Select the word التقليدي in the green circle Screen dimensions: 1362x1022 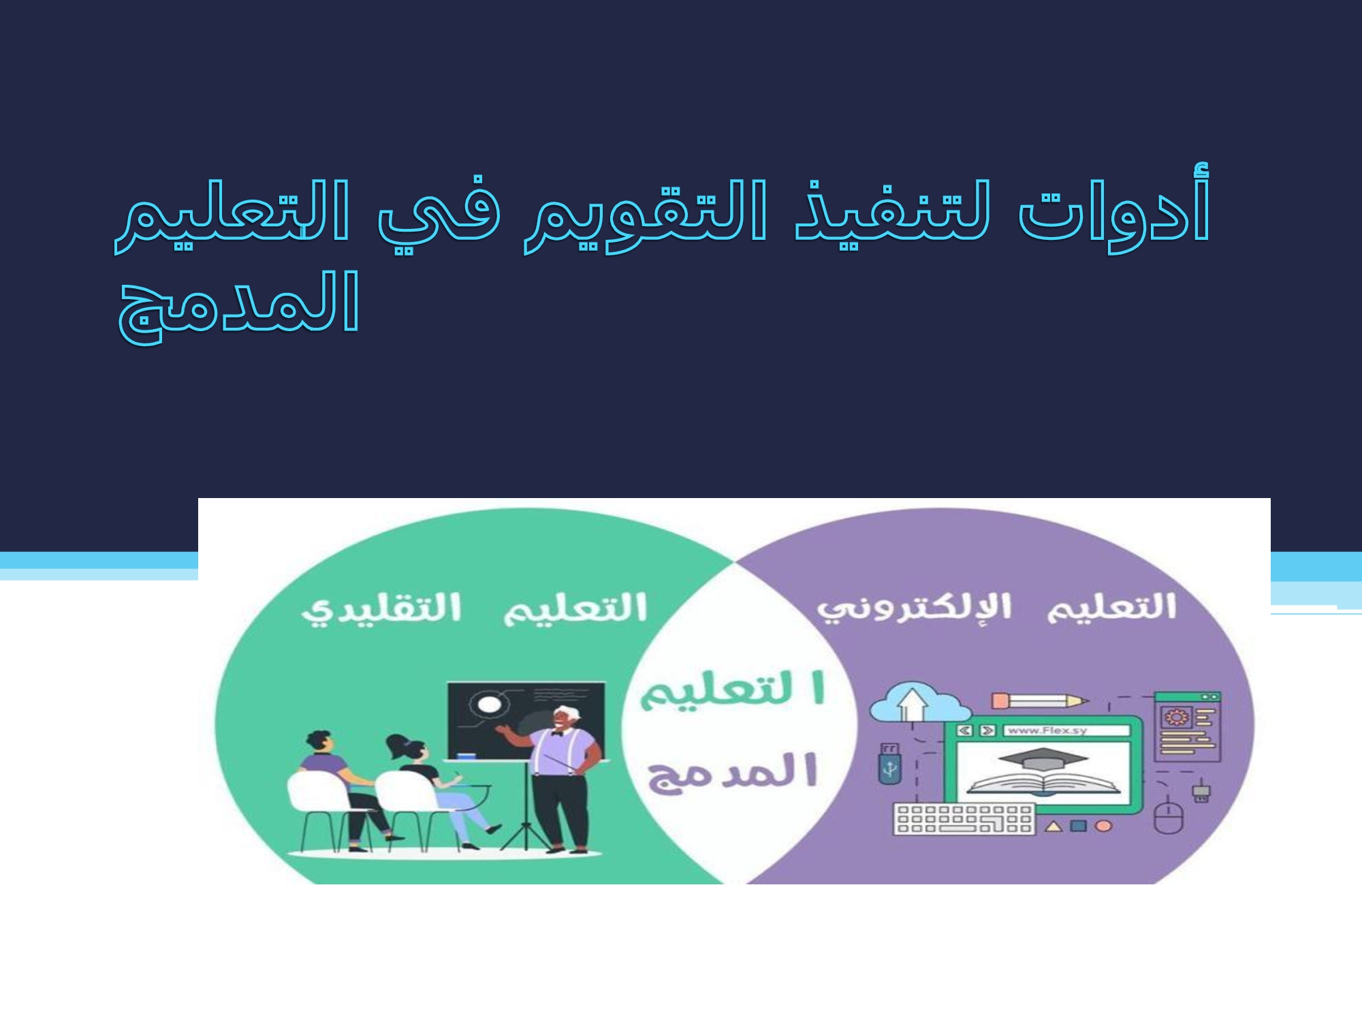click(381, 610)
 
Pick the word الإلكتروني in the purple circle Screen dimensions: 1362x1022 click(915, 608)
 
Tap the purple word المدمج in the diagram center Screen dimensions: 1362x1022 click(732, 773)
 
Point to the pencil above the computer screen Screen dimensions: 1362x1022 click(1039, 701)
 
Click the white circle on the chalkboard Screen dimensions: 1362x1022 click(488, 704)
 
